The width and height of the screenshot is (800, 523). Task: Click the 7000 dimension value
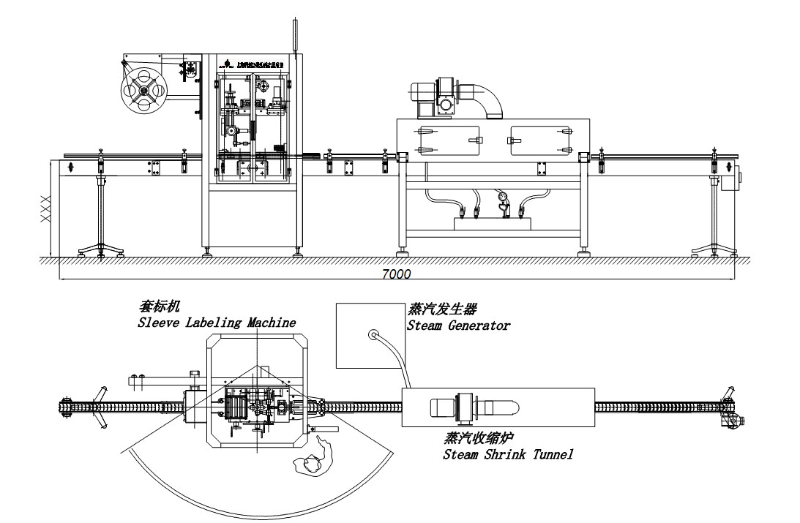396,274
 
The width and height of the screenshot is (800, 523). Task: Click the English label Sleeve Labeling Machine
217,322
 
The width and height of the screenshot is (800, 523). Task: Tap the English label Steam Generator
458,326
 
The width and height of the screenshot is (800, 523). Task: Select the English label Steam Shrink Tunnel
508,454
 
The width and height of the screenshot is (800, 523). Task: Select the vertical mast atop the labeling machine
296,33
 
